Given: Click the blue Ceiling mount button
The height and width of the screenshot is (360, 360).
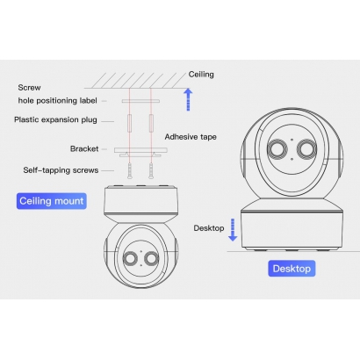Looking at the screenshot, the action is tap(52, 201).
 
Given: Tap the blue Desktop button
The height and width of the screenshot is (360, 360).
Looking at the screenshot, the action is tap(292, 269).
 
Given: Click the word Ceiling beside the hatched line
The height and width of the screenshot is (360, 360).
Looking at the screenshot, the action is tap(201, 75).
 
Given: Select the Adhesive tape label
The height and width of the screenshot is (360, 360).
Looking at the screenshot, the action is tap(191, 137).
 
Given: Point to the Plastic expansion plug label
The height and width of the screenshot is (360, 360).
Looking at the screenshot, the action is tap(55, 119).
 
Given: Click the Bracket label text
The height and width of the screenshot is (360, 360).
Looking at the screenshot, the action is tap(84, 148).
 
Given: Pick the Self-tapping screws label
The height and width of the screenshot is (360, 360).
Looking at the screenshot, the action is tap(61, 170).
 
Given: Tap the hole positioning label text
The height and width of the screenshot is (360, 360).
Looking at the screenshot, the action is tap(57, 101).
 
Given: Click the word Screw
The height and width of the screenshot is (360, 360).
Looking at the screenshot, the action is tap(29, 88).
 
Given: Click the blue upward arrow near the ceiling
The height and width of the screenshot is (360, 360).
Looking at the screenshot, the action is tap(188, 99).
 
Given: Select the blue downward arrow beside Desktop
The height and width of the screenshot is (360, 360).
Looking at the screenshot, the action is tap(233, 230).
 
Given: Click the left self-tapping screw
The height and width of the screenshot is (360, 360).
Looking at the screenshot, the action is tap(129, 170).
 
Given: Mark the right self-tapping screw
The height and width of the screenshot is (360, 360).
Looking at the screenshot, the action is tap(151, 170).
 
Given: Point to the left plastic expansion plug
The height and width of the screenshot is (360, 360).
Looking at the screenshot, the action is tap(129, 123).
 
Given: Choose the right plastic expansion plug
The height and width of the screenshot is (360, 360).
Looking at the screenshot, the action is tap(151, 123).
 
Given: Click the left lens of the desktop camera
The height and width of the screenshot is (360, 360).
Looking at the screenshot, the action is tap(277, 149).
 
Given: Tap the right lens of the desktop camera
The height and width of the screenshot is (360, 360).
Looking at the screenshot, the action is tap(307, 149).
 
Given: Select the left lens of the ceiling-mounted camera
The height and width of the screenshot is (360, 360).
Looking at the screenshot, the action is tap(130, 258).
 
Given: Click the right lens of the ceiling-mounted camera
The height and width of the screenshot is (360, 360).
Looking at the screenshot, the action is tap(152, 258).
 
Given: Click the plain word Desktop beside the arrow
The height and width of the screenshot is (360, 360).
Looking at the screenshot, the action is tap(209, 228).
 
